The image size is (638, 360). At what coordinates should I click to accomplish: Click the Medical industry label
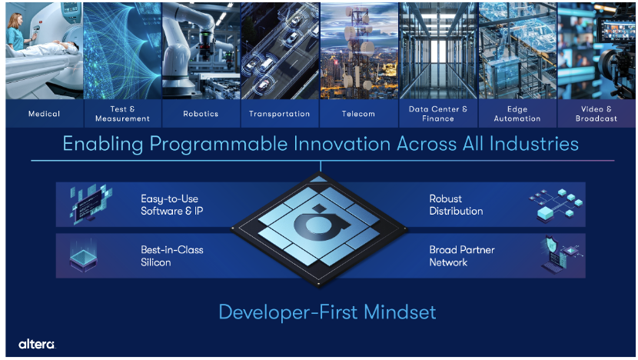point(44,114)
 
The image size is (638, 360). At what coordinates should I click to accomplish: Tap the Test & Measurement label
point(122,114)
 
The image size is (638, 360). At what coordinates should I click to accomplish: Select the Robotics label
point(201,114)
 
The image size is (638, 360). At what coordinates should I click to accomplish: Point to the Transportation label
point(280,114)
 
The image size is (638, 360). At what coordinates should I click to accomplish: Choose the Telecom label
point(358,114)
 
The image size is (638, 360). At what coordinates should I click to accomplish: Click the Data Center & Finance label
point(438,114)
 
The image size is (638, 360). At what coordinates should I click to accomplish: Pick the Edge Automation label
point(517,114)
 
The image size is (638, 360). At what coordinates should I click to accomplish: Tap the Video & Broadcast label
point(596,114)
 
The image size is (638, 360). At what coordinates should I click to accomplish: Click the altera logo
point(37,344)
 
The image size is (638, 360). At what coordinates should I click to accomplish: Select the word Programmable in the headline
point(218,145)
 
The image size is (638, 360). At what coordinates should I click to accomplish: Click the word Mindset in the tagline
point(400,312)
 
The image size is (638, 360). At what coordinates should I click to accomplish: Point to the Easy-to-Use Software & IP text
point(171,205)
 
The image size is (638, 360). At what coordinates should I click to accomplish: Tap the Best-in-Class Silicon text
point(171,255)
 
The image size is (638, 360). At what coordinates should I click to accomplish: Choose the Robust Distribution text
point(456,205)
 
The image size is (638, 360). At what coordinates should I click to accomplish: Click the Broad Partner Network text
point(462,255)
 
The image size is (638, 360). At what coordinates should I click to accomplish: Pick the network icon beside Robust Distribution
point(556,205)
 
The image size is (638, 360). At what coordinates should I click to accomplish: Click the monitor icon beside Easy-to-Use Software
point(91,204)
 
